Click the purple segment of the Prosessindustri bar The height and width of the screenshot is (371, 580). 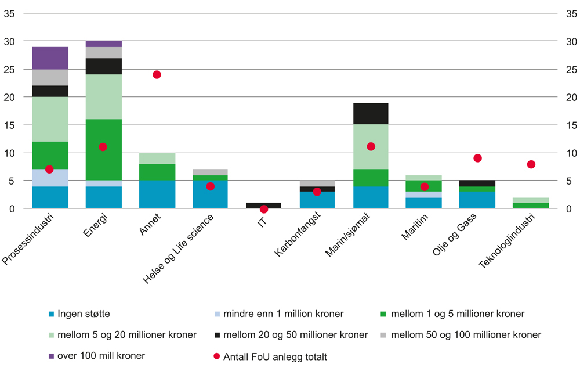click(x=50, y=58)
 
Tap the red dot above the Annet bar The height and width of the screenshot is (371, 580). click(x=157, y=75)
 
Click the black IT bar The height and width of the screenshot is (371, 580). click(x=264, y=205)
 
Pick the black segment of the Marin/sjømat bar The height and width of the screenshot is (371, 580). click(x=371, y=114)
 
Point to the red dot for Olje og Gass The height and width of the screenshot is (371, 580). click(x=477, y=158)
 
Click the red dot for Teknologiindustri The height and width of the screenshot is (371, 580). click(x=531, y=164)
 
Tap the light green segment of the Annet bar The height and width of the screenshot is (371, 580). click(x=157, y=159)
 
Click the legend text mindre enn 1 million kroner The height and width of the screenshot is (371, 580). click(x=283, y=314)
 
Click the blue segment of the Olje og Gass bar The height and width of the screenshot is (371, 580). click(x=477, y=200)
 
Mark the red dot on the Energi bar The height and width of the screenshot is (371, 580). click(x=103, y=147)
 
